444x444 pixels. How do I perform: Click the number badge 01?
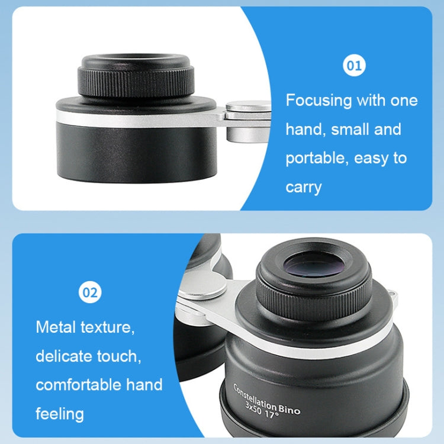(x=355, y=66)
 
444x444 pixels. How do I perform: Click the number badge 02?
(x=91, y=292)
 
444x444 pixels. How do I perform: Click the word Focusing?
(x=318, y=100)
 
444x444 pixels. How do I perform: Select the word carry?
(x=304, y=187)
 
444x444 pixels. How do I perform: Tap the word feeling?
(x=59, y=413)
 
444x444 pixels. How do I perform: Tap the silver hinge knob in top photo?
(x=249, y=107)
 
